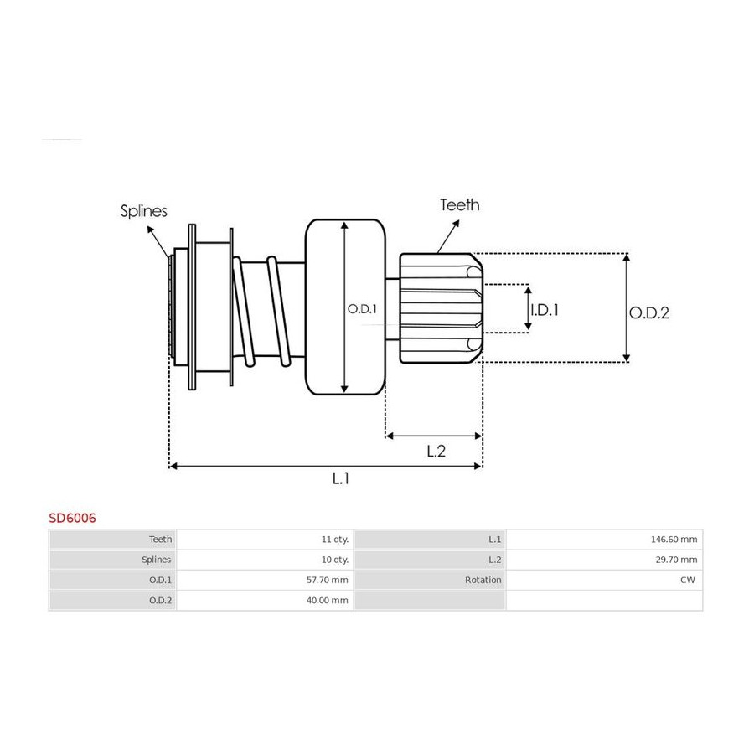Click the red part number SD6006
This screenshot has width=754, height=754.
point(72,518)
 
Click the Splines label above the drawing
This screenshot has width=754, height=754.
point(144,211)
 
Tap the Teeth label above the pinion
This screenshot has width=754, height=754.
point(460,205)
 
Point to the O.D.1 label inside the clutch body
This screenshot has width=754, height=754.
point(362,308)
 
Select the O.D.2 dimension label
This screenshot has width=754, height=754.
point(649,313)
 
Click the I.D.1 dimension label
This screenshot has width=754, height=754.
point(545,310)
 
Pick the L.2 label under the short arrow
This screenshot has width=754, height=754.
point(436,451)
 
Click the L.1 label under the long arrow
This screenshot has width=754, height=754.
point(340,478)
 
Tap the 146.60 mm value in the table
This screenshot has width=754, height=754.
point(674,540)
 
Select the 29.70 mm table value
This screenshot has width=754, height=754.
point(676,560)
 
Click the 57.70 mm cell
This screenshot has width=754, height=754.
point(327,580)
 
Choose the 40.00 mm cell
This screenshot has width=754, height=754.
point(327,600)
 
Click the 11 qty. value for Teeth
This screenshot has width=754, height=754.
point(334,540)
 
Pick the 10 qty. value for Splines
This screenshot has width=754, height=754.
point(334,560)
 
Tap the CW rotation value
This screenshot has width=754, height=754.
point(688,580)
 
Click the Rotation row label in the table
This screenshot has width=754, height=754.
point(483,580)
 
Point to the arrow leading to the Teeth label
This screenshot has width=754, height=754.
point(448,236)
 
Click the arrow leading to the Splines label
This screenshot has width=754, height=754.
point(158,242)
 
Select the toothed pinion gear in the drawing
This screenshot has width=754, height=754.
point(441,308)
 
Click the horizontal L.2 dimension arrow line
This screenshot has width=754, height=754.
point(434,436)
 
